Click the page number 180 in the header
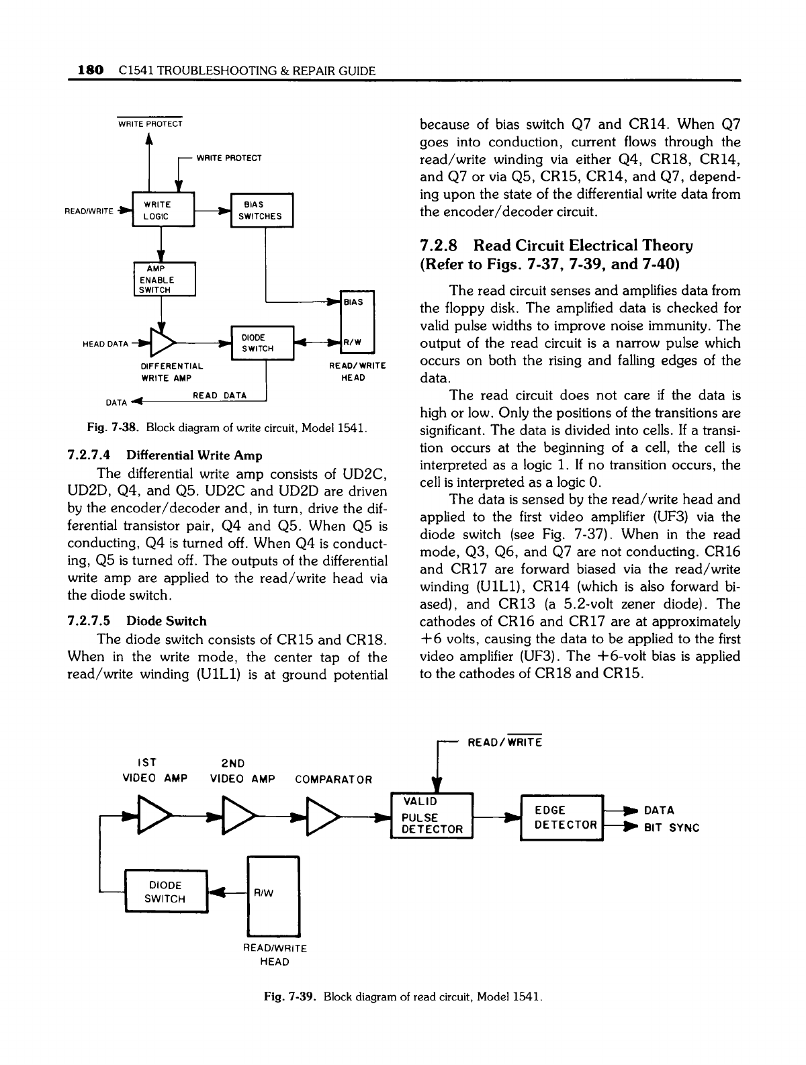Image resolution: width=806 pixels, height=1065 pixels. pyautogui.click(x=90, y=70)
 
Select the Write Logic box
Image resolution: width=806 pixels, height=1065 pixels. pyautogui.click(x=163, y=210)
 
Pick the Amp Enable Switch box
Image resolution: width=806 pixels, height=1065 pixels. pyautogui.click(x=163, y=279)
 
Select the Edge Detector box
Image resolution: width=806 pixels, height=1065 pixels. pyautogui.click(x=563, y=817)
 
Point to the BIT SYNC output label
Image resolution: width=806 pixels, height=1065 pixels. pyautogui.click(x=672, y=828)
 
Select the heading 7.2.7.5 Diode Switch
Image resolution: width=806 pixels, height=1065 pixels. pyautogui.click(x=137, y=621)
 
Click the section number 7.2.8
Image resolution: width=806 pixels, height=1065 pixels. pyautogui.click(x=441, y=246)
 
